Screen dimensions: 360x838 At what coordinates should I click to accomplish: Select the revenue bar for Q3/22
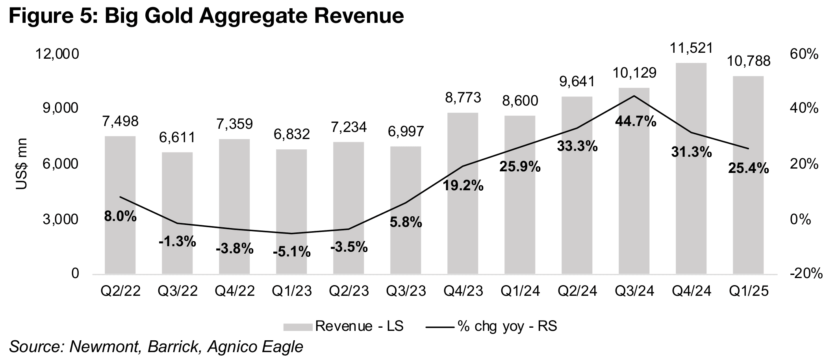(177, 213)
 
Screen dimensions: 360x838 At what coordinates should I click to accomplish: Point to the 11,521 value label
(691, 48)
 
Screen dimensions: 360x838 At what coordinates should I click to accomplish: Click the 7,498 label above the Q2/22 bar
(120, 121)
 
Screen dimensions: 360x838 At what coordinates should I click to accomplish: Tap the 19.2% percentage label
(463, 185)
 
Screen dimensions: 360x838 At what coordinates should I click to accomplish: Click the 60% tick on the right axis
(805, 54)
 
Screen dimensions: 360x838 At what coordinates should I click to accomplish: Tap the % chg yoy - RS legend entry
(492, 326)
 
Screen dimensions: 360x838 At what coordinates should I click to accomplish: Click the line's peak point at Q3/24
(634, 96)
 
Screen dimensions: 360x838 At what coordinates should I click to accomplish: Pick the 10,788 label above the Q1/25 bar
(749, 61)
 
